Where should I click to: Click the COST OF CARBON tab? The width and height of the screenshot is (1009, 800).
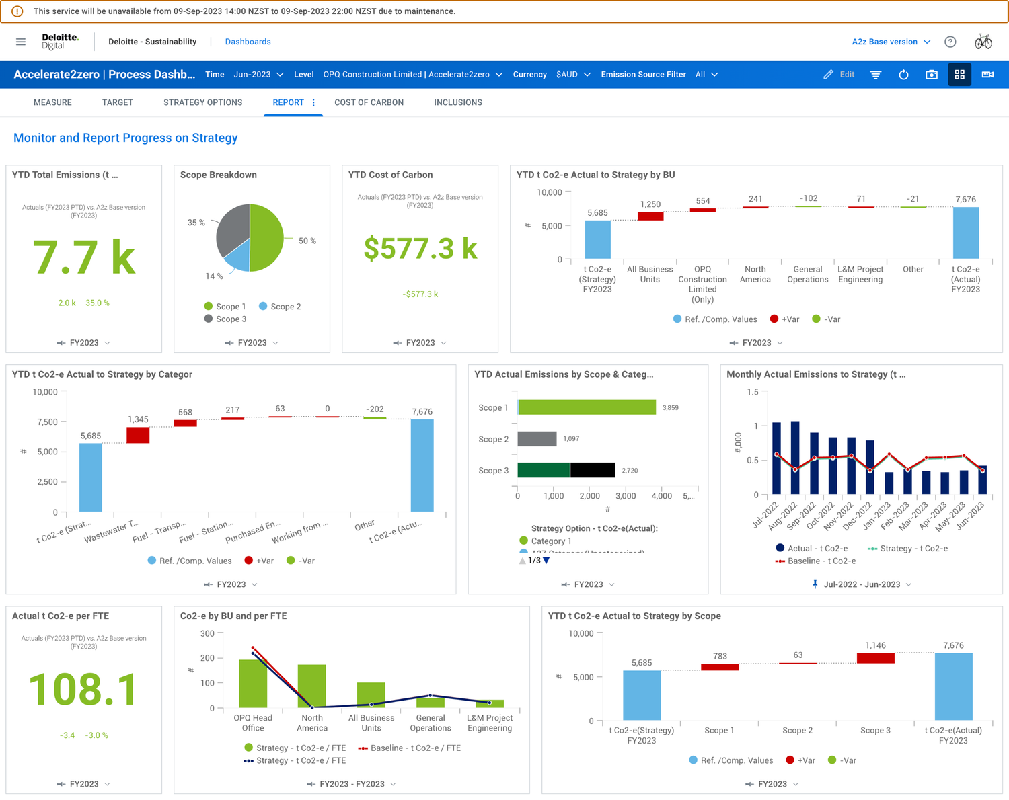click(x=369, y=102)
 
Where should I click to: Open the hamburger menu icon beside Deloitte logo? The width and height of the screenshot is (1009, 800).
click(x=21, y=42)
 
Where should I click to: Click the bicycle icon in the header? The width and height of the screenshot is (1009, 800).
click(x=983, y=42)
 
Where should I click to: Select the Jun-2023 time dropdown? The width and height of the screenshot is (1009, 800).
click(x=258, y=75)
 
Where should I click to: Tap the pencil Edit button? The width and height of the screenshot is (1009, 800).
click(x=839, y=75)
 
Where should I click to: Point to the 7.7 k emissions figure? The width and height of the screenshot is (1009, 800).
click(x=84, y=257)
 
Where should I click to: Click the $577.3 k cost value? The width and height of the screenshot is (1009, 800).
click(x=420, y=249)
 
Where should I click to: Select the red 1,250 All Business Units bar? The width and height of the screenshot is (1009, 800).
click(x=650, y=216)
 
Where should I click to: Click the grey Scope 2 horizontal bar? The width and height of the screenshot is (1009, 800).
click(x=537, y=439)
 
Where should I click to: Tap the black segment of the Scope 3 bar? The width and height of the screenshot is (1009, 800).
click(x=593, y=470)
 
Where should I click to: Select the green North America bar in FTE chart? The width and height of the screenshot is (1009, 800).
click(x=311, y=686)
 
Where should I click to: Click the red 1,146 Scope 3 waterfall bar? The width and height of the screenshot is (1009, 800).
click(x=875, y=658)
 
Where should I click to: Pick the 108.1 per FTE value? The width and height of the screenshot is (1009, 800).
click(x=83, y=690)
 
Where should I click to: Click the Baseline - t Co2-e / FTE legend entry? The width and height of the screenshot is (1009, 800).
click(x=410, y=748)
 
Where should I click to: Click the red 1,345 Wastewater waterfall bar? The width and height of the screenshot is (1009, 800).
click(x=138, y=435)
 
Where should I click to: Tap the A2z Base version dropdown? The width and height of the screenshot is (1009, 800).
click(x=891, y=42)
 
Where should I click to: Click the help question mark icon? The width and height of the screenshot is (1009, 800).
click(x=950, y=42)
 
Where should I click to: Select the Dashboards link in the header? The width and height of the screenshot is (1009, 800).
click(x=248, y=42)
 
